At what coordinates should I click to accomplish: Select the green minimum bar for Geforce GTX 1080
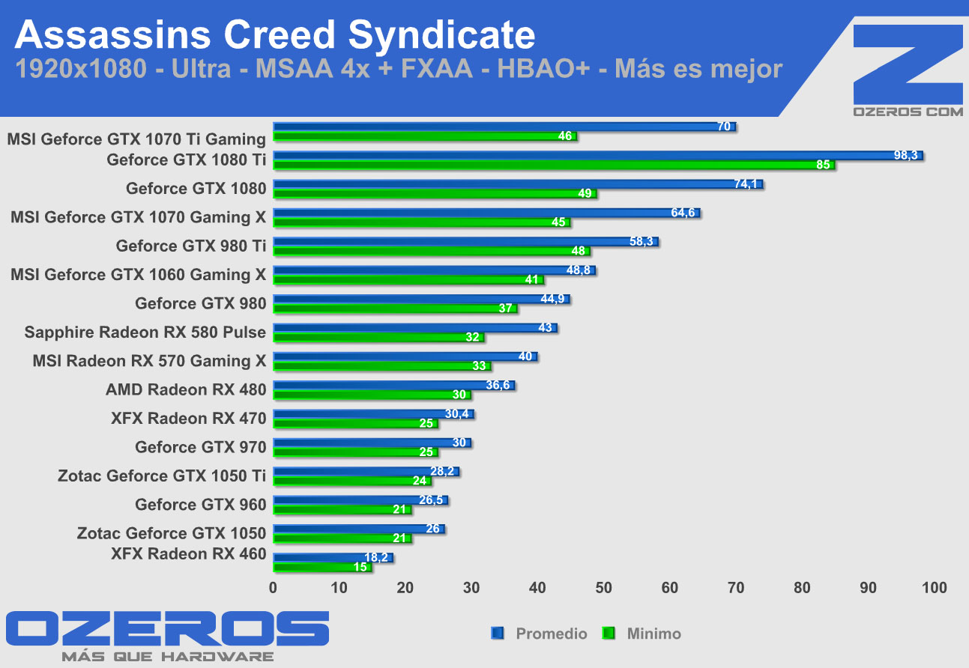tap(435, 194)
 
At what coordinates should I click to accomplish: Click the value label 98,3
tap(905, 155)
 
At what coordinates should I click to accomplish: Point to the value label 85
tap(824, 166)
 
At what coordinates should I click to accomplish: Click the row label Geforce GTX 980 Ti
tap(191, 246)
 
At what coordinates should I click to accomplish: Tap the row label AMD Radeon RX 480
tap(186, 389)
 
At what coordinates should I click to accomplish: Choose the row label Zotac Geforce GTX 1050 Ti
tap(162, 476)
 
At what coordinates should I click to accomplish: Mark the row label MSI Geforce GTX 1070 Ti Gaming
tap(136, 139)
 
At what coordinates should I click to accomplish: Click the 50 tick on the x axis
tap(603, 588)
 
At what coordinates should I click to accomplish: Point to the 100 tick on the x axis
tap(934, 588)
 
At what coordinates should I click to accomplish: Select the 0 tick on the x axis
tap(274, 588)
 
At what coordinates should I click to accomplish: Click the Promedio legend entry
tap(551, 634)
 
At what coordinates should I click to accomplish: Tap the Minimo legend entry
tap(653, 634)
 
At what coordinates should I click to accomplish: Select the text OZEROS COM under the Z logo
tap(908, 111)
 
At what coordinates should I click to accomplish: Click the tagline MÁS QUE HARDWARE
tap(168, 657)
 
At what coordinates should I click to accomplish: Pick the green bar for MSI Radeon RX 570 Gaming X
tap(382, 366)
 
